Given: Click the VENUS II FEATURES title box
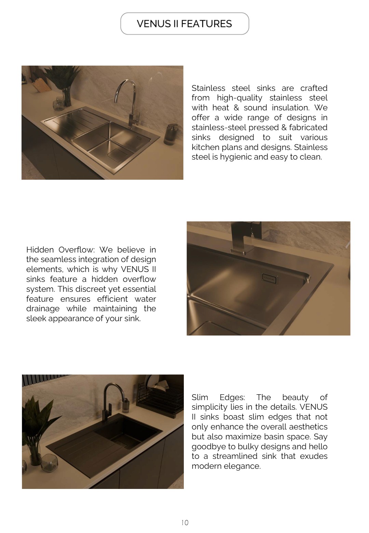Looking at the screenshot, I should pyautogui.click(x=184, y=24).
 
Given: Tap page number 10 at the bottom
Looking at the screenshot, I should pyautogui.click(x=185, y=522).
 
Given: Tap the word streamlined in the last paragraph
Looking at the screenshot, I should pyautogui.click(x=234, y=456).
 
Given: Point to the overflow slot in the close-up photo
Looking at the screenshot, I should pyautogui.click(x=269, y=279).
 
